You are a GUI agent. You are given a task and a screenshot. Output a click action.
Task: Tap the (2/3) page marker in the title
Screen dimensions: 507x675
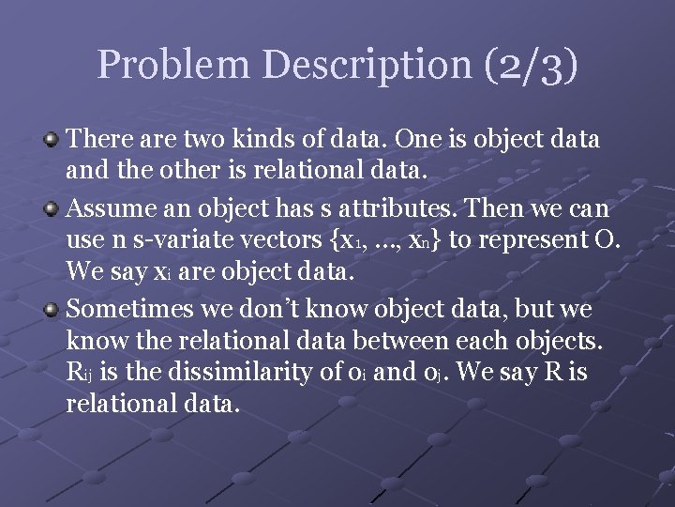point(532,66)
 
